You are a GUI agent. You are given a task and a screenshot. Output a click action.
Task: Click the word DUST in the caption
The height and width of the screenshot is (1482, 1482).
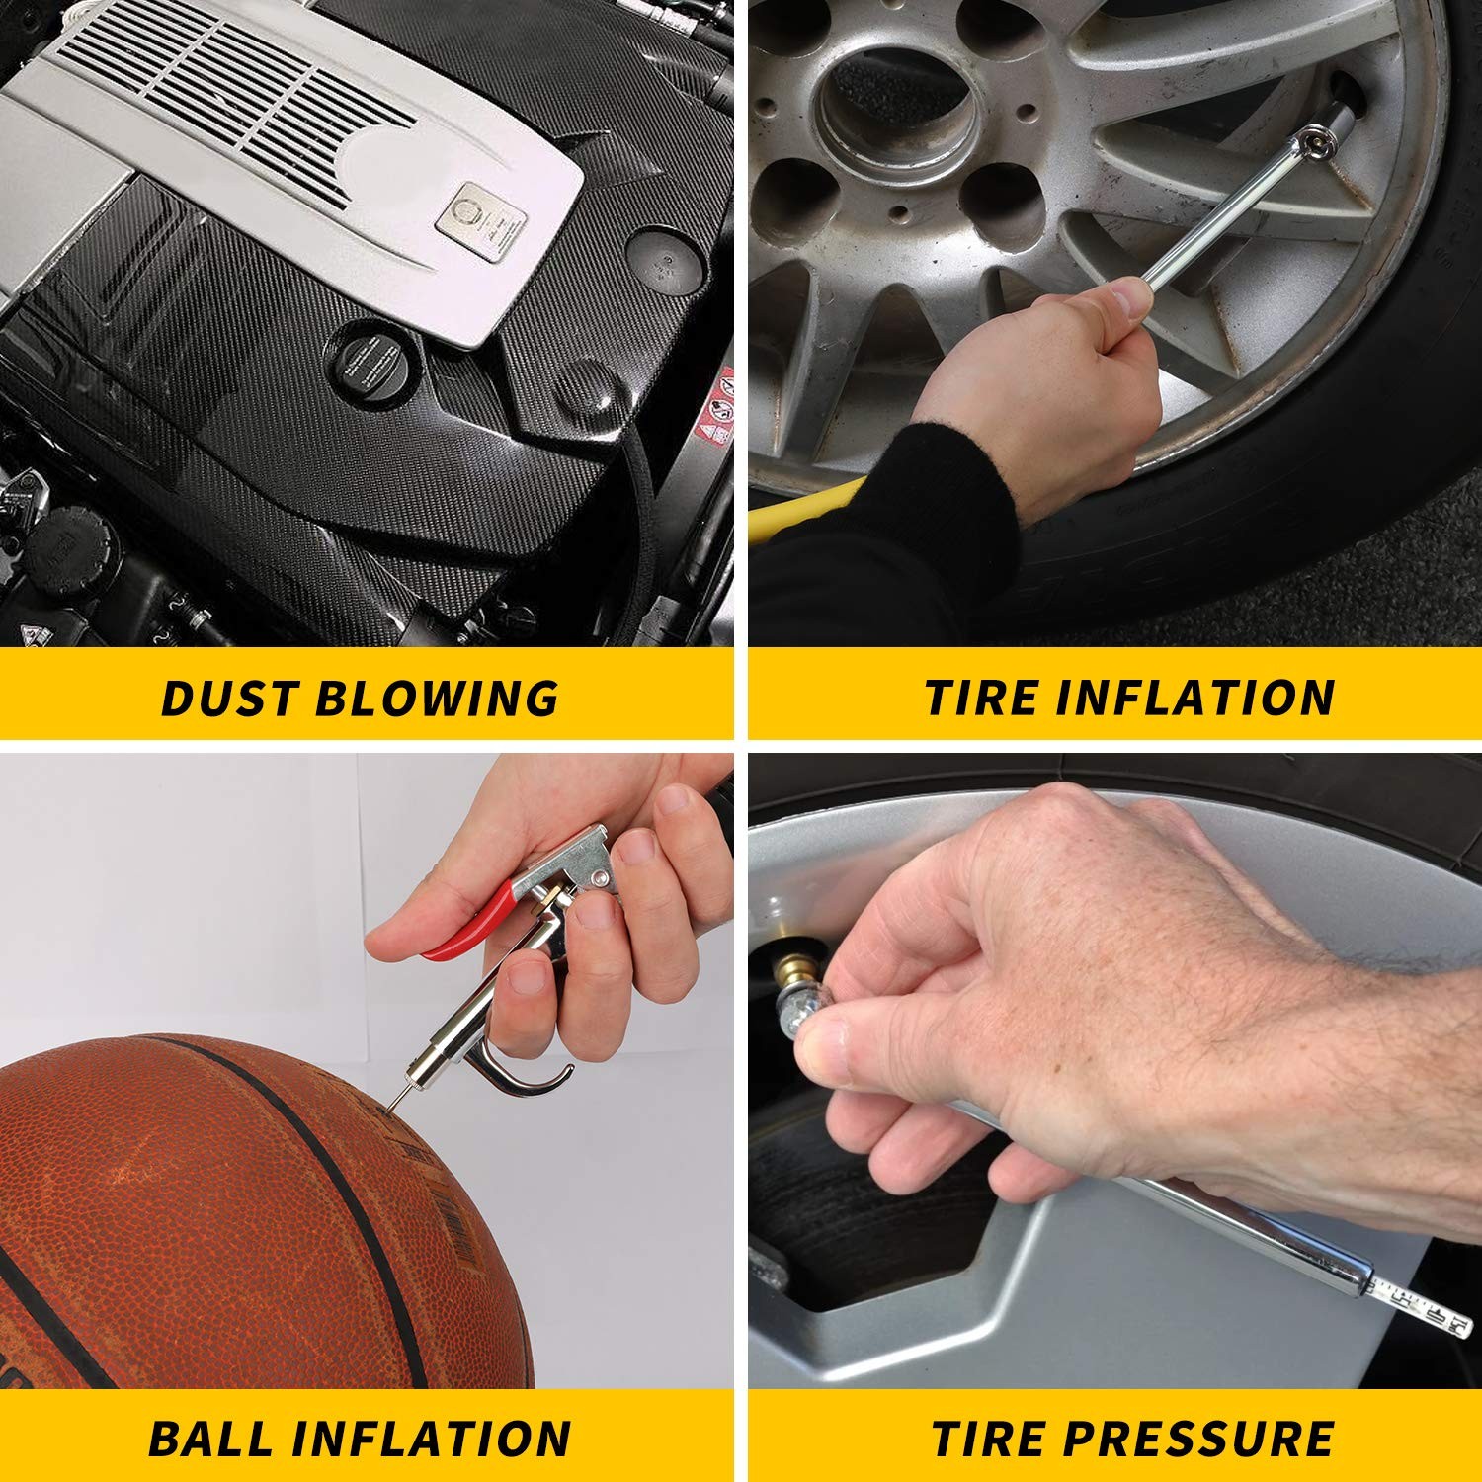(x=229, y=698)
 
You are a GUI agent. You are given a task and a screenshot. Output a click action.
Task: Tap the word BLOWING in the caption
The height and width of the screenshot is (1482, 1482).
(x=437, y=698)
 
